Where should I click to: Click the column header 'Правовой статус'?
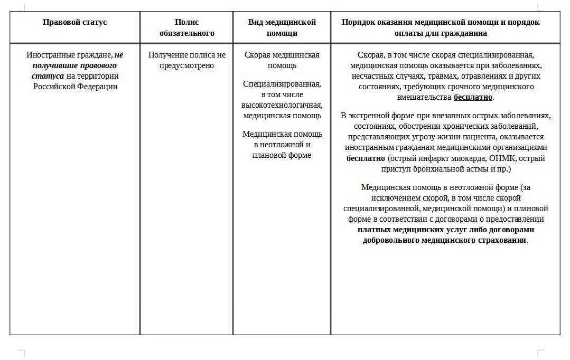point(74,22)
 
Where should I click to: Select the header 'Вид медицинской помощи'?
point(282,27)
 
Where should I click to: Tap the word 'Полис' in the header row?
point(186,22)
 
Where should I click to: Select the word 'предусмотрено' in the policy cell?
point(186,65)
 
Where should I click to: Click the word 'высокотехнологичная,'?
point(282,105)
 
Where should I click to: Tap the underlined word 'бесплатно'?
point(473,98)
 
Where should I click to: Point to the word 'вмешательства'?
point(424,98)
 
